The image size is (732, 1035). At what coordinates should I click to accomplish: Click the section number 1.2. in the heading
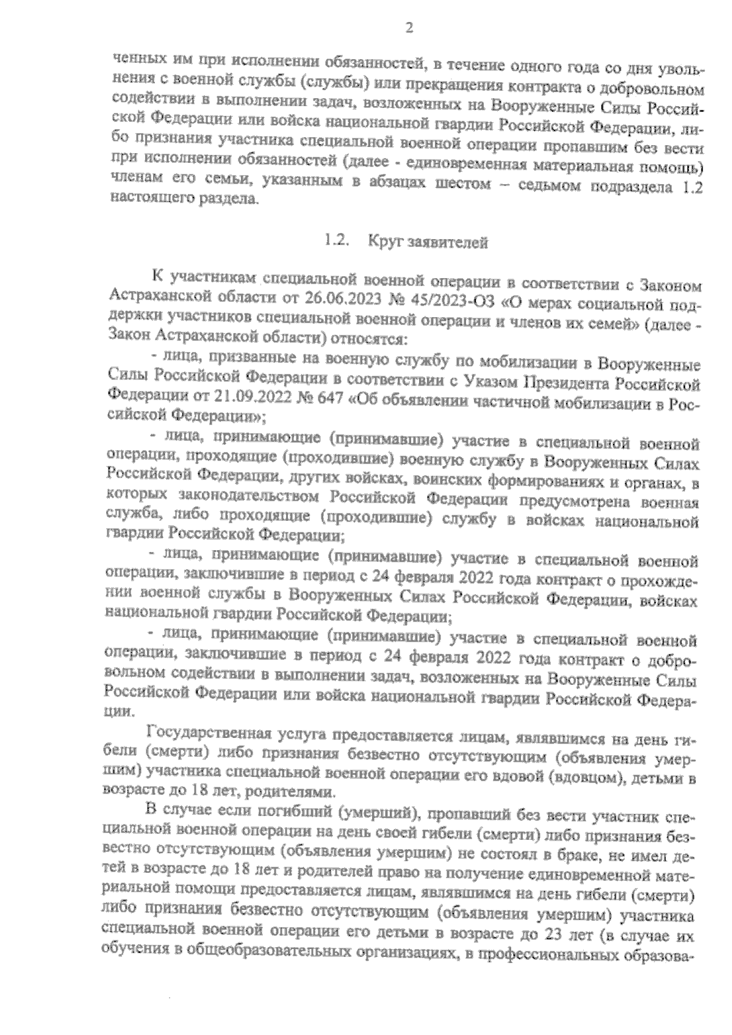click(x=337, y=242)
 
